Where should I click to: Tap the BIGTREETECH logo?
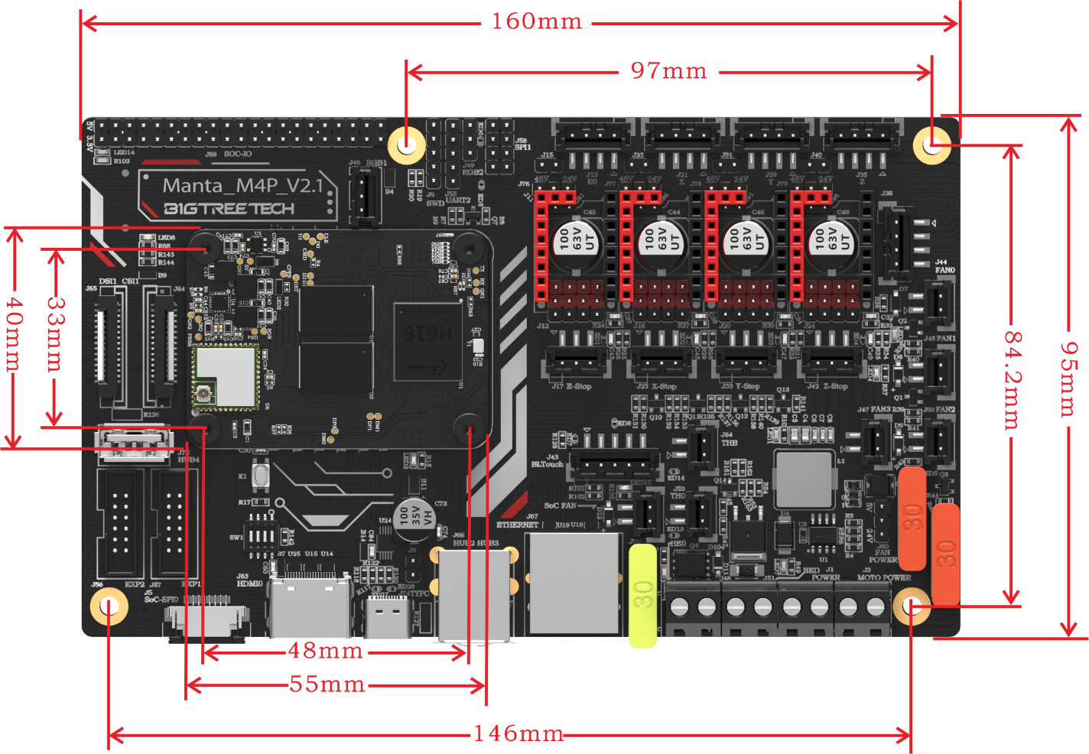tap(229, 209)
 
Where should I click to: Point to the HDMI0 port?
tap(310, 608)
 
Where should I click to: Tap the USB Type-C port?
tap(388, 616)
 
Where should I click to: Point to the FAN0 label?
tap(944, 270)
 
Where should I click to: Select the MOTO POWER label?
tap(885, 577)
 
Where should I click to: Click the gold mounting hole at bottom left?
tap(109, 607)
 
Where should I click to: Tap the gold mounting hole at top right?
tap(931, 144)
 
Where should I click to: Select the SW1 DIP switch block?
tap(260, 532)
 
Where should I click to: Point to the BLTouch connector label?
tap(548, 464)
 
